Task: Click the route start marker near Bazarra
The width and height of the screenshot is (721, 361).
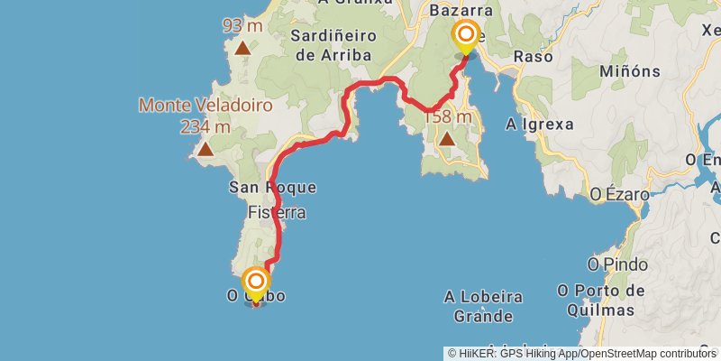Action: click(x=466, y=37)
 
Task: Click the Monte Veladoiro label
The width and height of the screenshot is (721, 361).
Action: click(x=205, y=106)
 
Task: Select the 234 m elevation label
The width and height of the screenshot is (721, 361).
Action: click(x=206, y=127)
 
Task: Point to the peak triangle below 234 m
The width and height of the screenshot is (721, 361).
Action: click(x=206, y=149)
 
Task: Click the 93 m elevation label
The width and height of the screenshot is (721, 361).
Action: click(x=242, y=26)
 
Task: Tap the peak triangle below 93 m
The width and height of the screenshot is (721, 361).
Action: click(x=242, y=47)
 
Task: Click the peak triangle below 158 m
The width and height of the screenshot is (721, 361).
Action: click(x=447, y=138)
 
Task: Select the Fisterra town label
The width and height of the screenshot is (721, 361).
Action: click(x=277, y=213)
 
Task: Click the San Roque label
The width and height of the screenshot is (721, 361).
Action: click(x=272, y=188)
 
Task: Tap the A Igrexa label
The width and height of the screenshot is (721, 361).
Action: click(x=540, y=124)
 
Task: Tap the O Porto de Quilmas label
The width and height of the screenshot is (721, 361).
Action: click(x=601, y=301)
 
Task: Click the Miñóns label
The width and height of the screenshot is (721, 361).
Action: click(x=629, y=71)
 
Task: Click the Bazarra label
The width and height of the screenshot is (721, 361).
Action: click(x=460, y=11)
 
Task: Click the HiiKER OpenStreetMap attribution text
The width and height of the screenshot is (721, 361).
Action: click(x=582, y=354)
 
